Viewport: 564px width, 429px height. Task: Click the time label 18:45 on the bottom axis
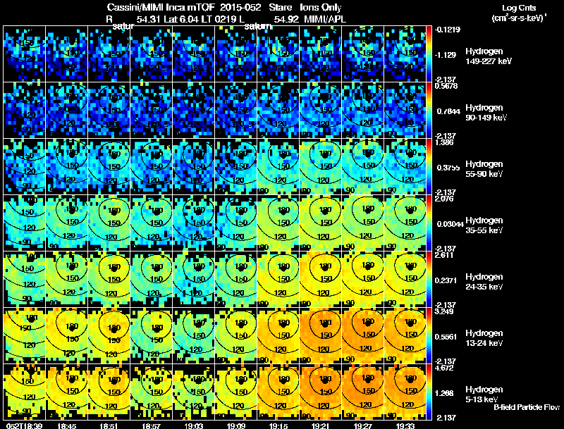coord(68,425)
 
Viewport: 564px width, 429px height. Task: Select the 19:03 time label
coord(195,425)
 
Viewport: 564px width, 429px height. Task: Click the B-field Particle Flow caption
coord(527,407)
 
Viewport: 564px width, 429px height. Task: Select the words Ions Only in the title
coord(321,6)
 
